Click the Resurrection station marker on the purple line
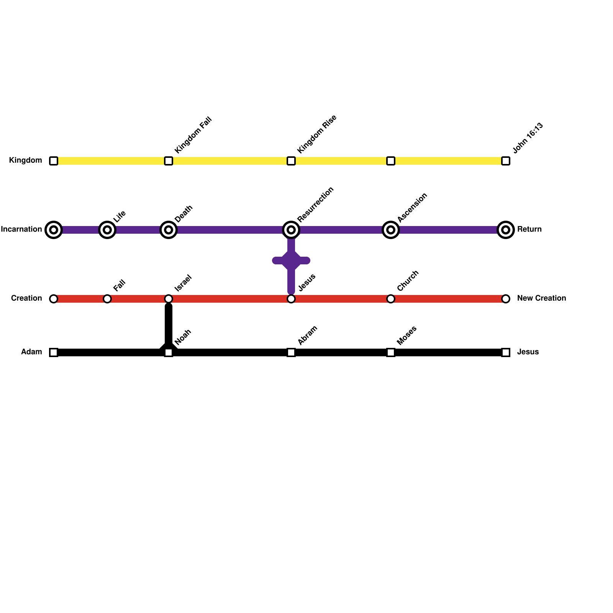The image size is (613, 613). point(291,230)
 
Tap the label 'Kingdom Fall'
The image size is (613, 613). point(193,135)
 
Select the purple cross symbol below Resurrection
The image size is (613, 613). point(291,261)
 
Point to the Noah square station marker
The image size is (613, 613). point(169,352)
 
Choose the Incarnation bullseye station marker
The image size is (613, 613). point(54,230)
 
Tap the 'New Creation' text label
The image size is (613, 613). point(541,298)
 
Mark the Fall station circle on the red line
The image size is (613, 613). point(107,299)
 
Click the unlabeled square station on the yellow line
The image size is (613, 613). point(391,161)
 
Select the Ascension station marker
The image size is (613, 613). point(391,230)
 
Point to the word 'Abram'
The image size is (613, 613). point(308,335)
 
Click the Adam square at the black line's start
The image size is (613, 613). point(54,352)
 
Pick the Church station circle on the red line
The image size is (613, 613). point(391,299)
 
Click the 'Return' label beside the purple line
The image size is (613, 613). point(529,229)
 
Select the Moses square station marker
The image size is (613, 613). point(391,352)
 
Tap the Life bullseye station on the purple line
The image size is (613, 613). point(107,230)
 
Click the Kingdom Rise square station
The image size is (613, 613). point(291,161)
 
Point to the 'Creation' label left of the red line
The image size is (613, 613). point(26,298)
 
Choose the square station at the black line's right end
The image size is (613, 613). point(506,352)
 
